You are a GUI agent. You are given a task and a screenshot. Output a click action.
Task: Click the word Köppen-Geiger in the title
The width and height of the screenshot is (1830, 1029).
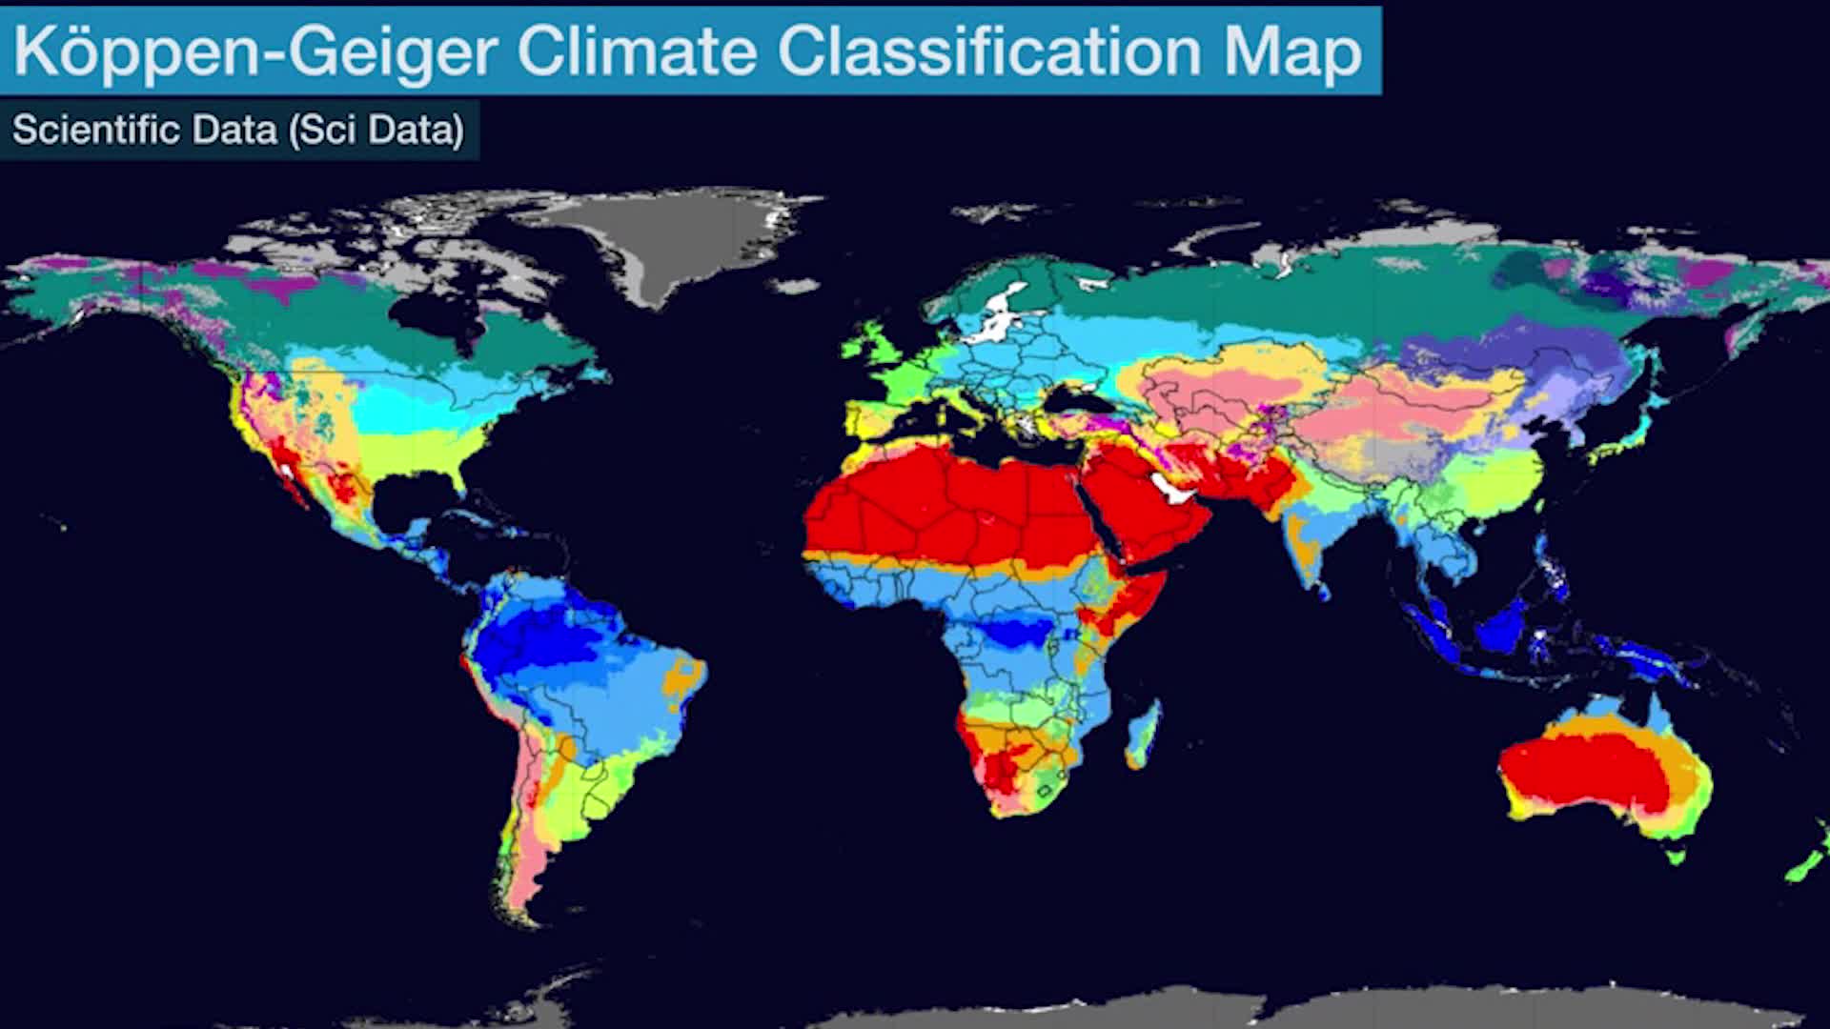[255, 51]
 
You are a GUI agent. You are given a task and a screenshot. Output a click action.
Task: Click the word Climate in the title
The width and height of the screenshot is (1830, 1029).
[636, 51]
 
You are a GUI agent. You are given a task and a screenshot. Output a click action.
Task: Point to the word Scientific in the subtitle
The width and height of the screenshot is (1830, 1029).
[96, 130]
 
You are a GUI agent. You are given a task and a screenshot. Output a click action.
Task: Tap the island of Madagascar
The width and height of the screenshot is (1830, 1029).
[1144, 734]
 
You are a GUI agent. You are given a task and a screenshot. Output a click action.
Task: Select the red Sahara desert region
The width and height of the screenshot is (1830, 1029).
[944, 505]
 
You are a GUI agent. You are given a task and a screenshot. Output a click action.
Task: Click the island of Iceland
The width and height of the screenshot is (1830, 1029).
[797, 285]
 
